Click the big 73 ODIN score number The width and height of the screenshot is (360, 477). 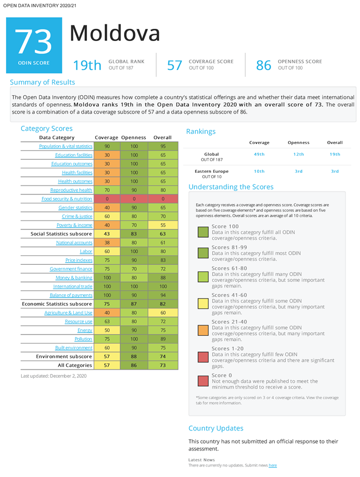pyautogui.click(x=33, y=42)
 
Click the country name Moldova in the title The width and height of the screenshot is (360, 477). pyautogui.click(x=115, y=33)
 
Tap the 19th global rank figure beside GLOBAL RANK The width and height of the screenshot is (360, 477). pyautogui.click(x=87, y=65)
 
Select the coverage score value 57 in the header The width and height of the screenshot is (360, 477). pyautogui.click(x=174, y=65)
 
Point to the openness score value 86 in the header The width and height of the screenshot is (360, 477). pyautogui.click(x=264, y=65)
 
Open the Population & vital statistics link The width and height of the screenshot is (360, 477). pyautogui.click(x=66, y=146)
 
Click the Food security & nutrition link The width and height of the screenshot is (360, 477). pyautogui.click(x=67, y=199)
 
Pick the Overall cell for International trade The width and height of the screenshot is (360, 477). pyautogui.click(x=163, y=286)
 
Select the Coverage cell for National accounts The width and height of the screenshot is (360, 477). pyautogui.click(x=107, y=243)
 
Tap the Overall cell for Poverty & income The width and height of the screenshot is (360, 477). pyautogui.click(x=163, y=225)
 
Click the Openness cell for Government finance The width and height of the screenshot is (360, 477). pyautogui.click(x=134, y=269)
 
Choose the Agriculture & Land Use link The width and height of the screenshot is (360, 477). pyautogui.click(x=69, y=312)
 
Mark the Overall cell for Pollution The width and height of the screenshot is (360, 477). pyautogui.click(x=163, y=339)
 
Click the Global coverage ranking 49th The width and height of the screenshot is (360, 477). pyautogui.click(x=259, y=154)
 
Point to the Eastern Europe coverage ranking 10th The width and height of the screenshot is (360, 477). pyautogui.click(x=259, y=171)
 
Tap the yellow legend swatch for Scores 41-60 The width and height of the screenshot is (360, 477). pyautogui.click(x=203, y=304)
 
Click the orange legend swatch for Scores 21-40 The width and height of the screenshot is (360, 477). pyautogui.click(x=203, y=330)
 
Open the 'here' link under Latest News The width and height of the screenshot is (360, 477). pyautogui.click(x=272, y=465)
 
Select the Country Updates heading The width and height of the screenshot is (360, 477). pyautogui.click(x=216, y=428)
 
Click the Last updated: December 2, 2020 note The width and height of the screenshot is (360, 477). pyautogui.click(x=54, y=376)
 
